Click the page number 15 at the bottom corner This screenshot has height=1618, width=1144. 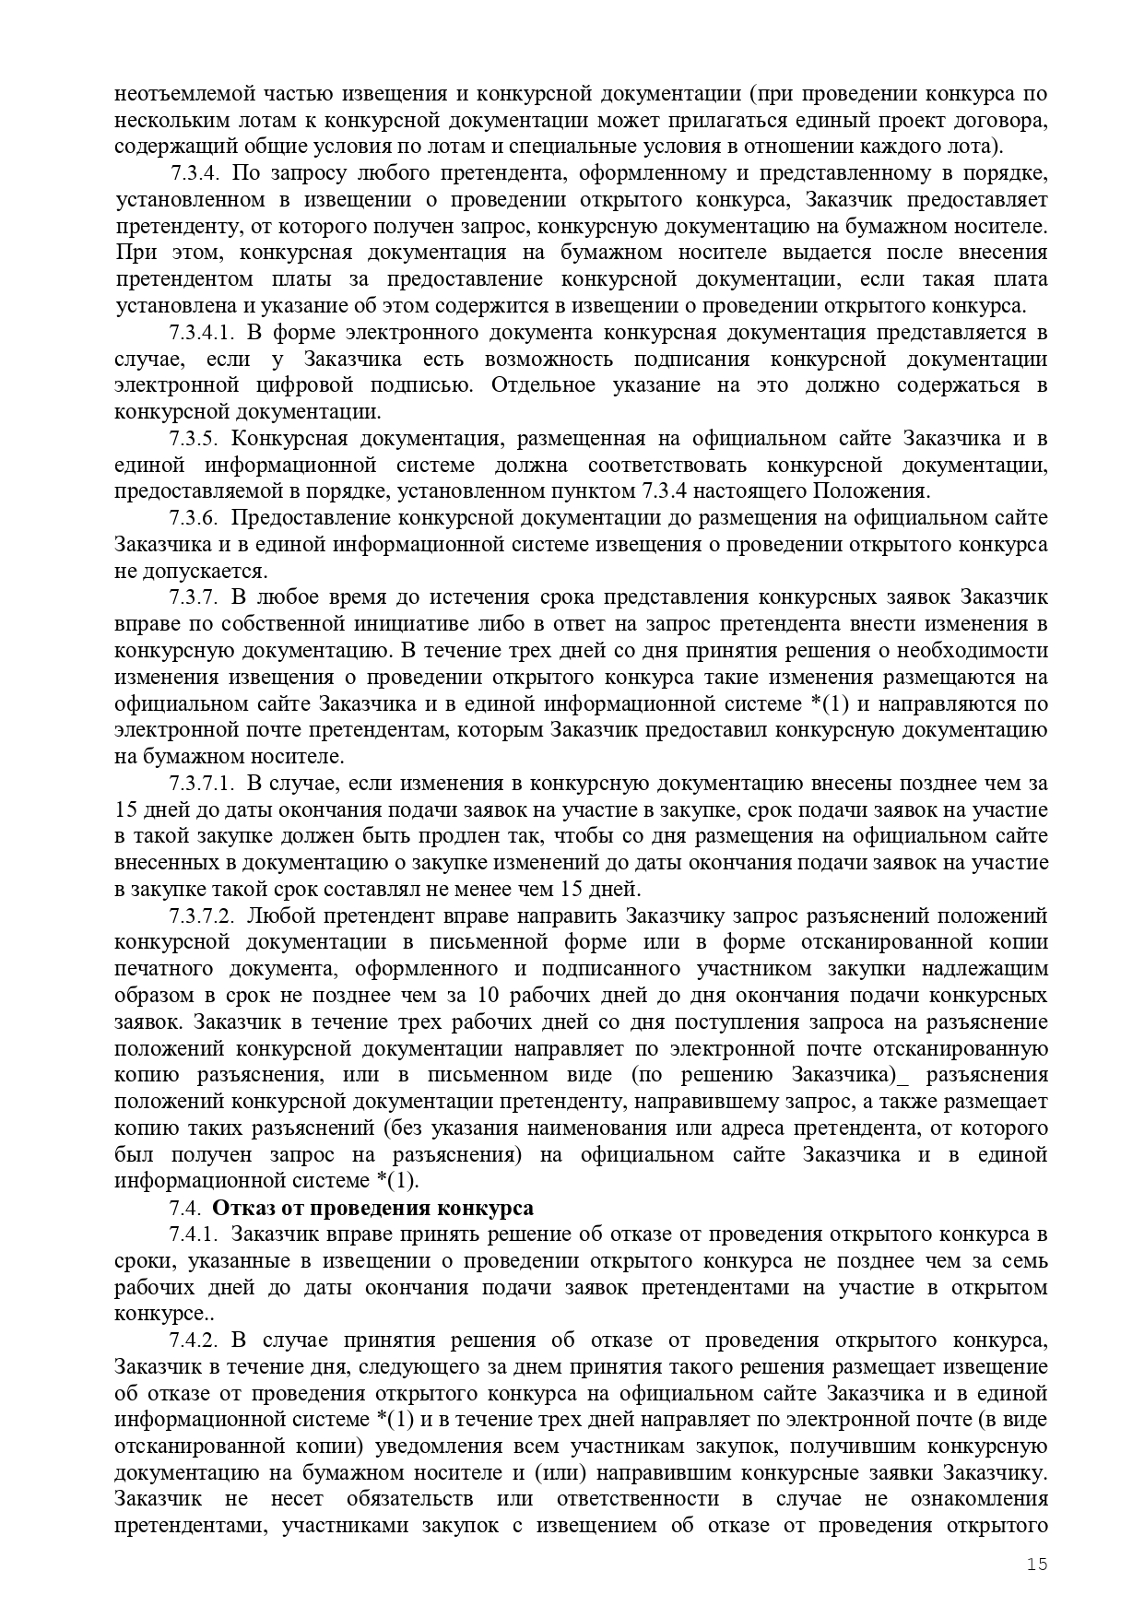(1038, 1564)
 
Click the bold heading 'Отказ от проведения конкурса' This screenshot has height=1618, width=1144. (373, 1208)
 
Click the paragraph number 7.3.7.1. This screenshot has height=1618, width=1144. (203, 784)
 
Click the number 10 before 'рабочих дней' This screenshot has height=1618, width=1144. (488, 996)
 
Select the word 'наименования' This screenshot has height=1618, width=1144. (608, 1128)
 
